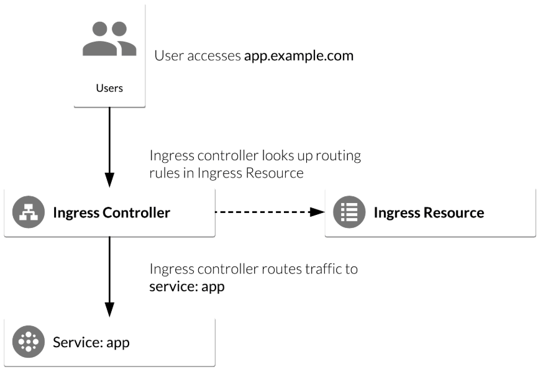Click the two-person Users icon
click(109, 39)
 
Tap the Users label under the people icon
click(109, 88)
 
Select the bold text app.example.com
click(299, 56)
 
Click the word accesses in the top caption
click(214, 56)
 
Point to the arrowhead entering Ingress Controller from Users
click(109, 179)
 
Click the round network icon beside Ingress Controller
click(29, 212)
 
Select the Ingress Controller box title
click(111, 212)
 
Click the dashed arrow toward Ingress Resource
click(270, 212)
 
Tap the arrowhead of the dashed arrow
click(317, 212)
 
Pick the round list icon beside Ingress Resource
click(349, 212)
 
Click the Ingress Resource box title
click(429, 212)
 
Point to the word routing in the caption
click(339, 156)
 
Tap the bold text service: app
click(187, 287)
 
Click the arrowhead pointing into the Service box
click(109, 309)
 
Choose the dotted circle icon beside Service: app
click(29, 342)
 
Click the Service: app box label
click(91, 342)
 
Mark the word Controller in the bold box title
click(136, 212)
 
